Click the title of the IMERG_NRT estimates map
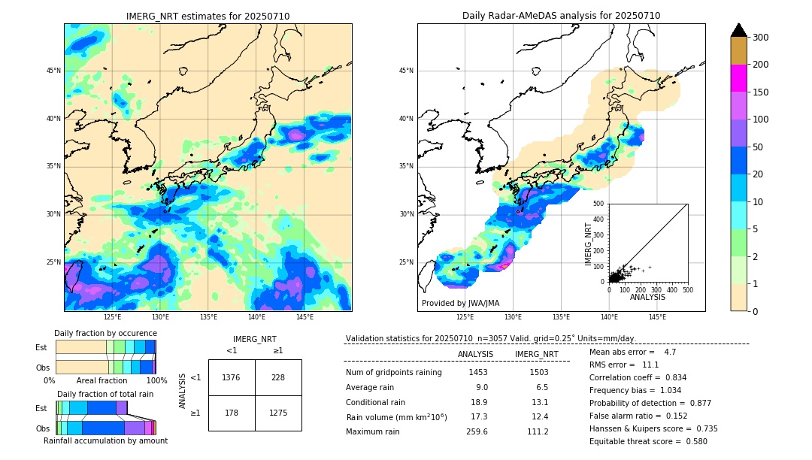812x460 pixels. (208, 16)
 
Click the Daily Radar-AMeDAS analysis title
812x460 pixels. (561, 16)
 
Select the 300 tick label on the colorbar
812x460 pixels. (760, 38)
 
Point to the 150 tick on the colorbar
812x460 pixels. (760, 92)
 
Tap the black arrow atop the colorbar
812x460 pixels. (739, 30)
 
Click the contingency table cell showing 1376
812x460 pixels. (232, 377)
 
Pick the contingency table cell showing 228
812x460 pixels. (278, 377)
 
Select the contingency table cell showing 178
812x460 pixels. (232, 413)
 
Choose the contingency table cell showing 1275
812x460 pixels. (278, 413)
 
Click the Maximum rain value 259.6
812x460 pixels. (477, 431)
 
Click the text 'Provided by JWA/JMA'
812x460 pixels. (460, 303)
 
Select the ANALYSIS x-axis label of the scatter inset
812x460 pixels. (647, 297)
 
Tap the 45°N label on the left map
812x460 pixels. (53, 71)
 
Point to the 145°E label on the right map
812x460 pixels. (657, 318)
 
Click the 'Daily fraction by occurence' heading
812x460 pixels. (105, 333)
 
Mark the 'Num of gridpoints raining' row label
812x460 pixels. (394, 372)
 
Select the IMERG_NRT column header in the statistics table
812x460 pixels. (536, 354)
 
